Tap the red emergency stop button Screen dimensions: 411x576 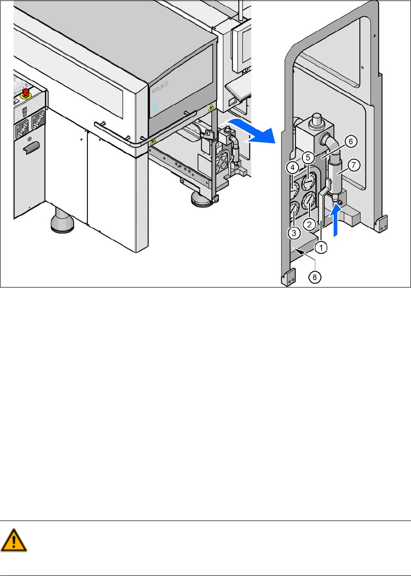(x=26, y=92)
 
